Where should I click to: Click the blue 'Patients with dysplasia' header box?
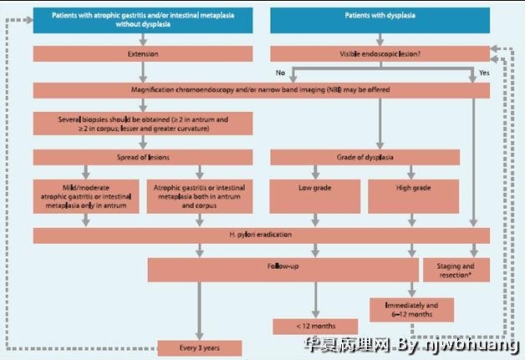coord(380,20)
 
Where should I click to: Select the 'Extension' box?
coord(143,53)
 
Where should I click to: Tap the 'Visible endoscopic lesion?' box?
coord(380,53)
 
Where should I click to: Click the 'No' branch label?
coord(280,73)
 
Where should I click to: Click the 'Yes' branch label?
coord(484,73)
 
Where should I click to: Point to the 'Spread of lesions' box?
coord(143,157)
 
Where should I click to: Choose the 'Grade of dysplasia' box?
coord(365,157)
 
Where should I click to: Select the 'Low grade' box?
coord(315,196)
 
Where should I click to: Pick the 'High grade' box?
coord(414,196)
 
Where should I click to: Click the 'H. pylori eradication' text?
coord(261,235)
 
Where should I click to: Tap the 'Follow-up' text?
coord(283,266)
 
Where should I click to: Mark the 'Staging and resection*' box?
coord(456,270)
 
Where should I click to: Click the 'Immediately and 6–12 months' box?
coord(412,310)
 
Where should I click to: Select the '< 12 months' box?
coord(315,327)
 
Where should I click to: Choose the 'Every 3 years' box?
coord(200,348)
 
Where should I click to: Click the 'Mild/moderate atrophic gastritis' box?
coord(86,196)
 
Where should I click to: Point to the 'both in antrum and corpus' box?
coord(200,196)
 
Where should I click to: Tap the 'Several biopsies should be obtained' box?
coord(143,124)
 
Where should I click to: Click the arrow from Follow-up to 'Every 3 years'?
coord(200,311)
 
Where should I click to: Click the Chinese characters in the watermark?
coord(348,345)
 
